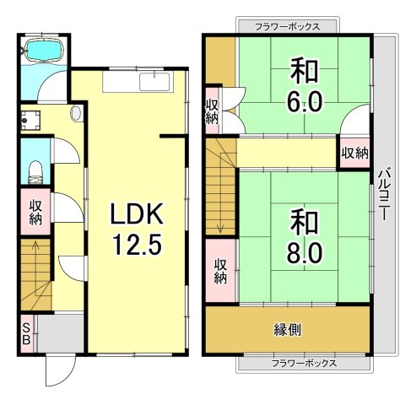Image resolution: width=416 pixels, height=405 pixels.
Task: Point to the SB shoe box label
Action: [27, 335]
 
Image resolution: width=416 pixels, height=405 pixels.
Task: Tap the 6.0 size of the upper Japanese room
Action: [305, 102]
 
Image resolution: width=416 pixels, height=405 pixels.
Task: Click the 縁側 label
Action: [288, 329]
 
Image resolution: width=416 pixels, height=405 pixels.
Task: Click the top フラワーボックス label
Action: [288, 26]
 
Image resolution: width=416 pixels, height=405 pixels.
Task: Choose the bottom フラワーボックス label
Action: [288, 364]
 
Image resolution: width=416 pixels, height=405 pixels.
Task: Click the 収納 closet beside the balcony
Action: [354, 154]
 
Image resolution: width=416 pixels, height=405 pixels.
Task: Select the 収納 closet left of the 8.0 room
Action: [220, 269]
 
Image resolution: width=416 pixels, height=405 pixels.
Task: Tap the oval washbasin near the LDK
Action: [77, 111]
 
